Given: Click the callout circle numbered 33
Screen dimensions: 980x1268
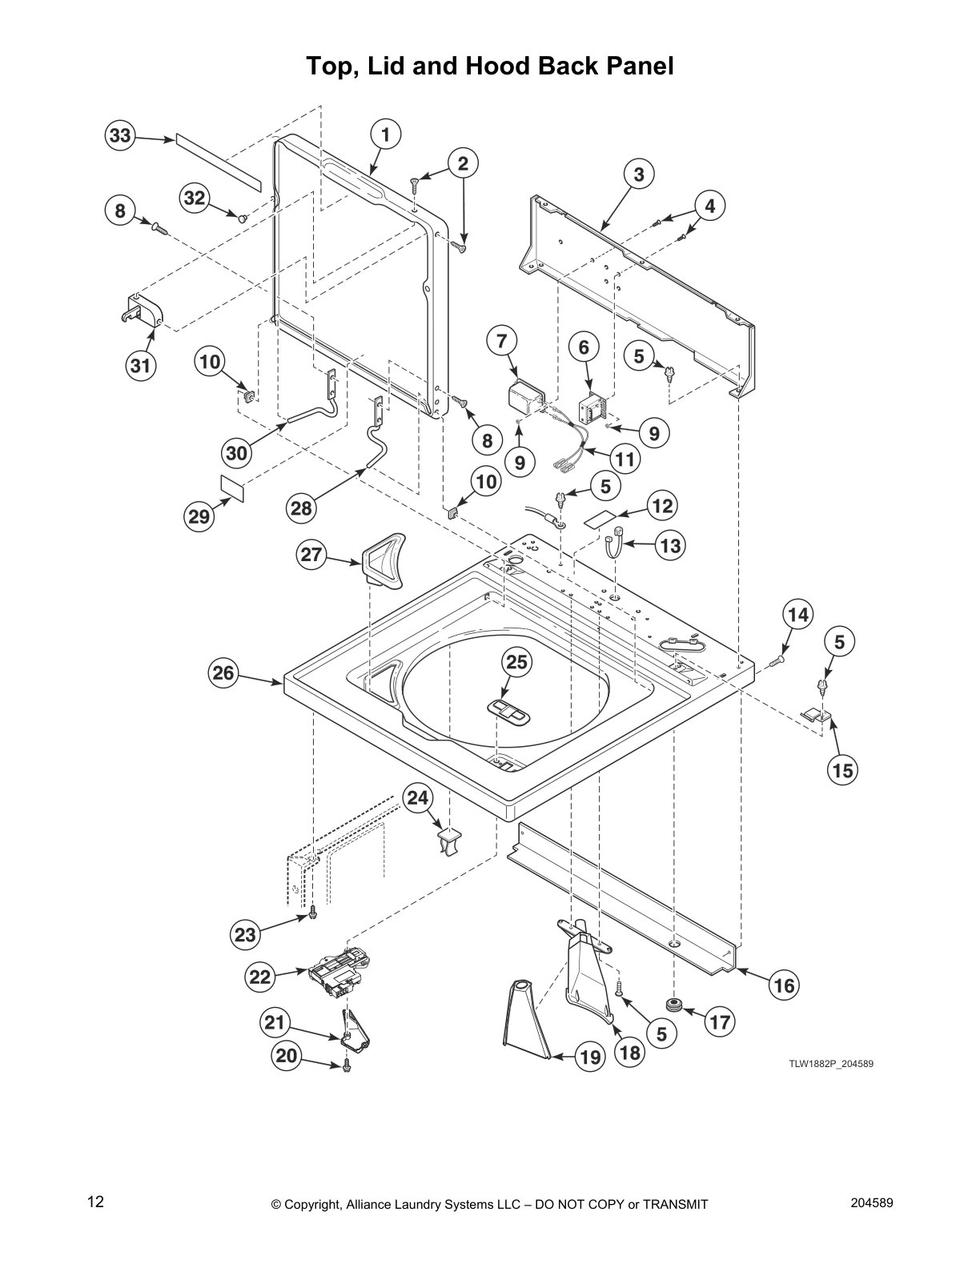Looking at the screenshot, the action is click(x=120, y=135).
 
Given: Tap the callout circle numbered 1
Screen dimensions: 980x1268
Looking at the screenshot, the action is click(x=386, y=134).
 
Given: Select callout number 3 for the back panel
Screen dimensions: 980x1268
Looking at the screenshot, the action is click(x=639, y=174).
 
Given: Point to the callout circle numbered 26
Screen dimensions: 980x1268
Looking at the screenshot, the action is click(x=223, y=672).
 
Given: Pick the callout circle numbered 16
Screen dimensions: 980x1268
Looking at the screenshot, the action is click(x=784, y=985).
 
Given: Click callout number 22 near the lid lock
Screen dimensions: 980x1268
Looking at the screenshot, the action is click(x=260, y=977).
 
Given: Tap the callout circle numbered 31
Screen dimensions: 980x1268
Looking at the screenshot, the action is click(x=141, y=366).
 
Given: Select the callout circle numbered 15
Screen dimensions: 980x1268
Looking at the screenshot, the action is click(x=843, y=770).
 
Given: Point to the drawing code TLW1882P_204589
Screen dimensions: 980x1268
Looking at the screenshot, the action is click(x=831, y=1064).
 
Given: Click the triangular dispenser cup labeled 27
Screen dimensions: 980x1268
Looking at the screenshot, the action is click(x=384, y=559).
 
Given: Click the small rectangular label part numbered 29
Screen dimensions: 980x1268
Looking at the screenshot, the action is click(x=232, y=488).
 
